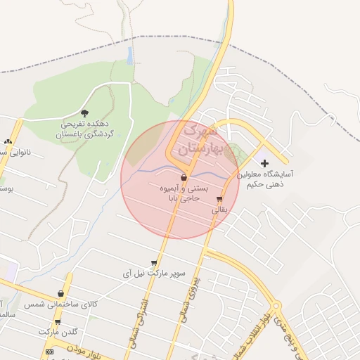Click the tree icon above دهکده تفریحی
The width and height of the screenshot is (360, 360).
pos(85,112)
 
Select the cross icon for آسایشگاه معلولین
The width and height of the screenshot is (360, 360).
pos(264,163)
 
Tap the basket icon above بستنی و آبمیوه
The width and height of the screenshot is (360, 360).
pos(184,177)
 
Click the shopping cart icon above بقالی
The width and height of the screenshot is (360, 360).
pos(220,199)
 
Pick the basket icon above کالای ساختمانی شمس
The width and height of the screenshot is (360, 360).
pos(60,294)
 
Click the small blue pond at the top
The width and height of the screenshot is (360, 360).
pos(130,56)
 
